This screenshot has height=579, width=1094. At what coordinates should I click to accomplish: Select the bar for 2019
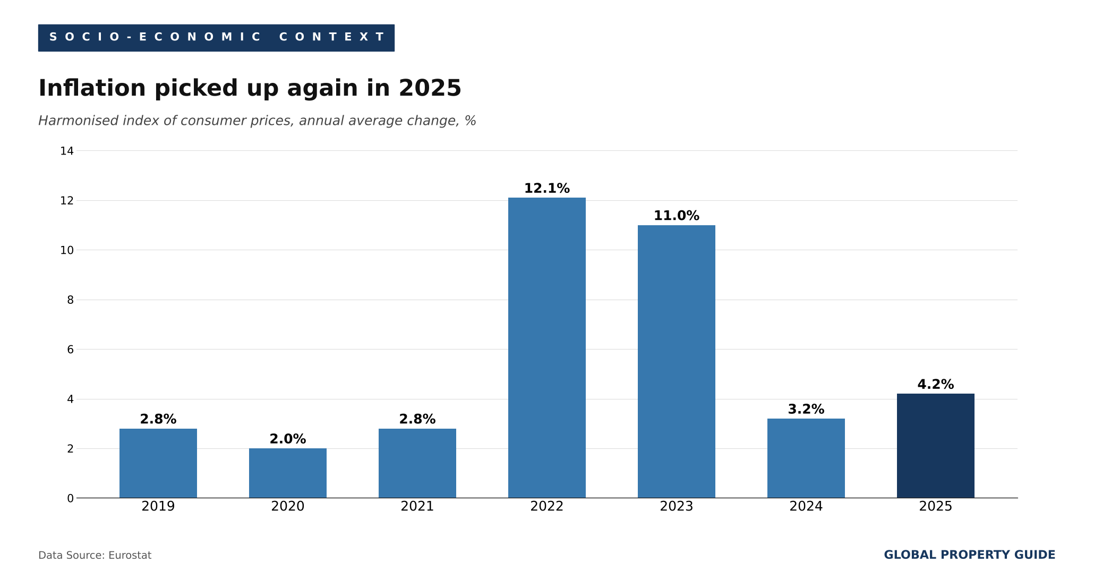158,463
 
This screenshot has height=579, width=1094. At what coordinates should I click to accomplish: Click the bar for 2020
288,473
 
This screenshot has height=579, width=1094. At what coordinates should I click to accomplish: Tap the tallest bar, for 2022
547,348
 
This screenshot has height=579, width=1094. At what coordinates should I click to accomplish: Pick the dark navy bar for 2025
936,446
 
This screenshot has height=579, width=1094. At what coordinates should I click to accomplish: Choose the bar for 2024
806,458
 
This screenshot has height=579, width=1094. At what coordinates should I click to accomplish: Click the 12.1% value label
547,189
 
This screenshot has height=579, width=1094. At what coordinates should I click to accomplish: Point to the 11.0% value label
677,216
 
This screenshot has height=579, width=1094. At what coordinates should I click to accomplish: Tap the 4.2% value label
936,385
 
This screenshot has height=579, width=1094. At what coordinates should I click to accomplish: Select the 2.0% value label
288,439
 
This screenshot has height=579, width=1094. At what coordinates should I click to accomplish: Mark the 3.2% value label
806,410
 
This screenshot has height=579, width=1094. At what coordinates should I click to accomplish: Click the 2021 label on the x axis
417,507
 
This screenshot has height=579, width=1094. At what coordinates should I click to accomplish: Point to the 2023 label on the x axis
677,507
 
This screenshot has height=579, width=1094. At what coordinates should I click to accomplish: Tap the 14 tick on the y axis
67,151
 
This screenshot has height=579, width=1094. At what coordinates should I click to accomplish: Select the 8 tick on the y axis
70,300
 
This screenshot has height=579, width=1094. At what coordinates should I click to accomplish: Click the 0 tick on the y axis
70,498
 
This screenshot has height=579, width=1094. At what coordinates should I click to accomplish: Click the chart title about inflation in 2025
250,89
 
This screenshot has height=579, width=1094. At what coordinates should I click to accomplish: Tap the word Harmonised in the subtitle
80,121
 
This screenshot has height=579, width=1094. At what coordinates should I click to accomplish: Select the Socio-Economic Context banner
216,38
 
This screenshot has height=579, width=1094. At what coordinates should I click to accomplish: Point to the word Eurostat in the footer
130,556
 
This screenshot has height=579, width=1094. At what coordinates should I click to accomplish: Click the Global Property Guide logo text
970,555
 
